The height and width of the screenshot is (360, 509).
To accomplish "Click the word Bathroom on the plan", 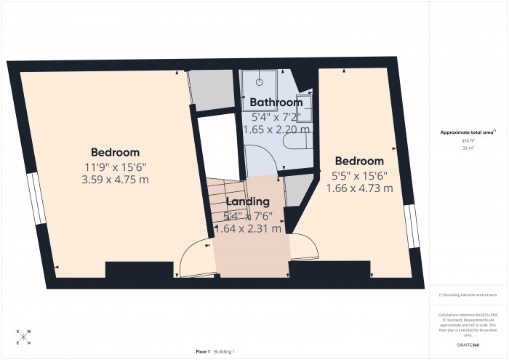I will point(276,103).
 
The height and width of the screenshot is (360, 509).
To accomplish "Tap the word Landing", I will point(248,201).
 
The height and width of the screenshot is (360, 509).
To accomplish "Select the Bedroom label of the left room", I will point(115,153).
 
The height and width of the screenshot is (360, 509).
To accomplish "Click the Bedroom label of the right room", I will point(358,161).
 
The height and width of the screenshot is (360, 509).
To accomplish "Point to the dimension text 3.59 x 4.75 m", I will point(115,179).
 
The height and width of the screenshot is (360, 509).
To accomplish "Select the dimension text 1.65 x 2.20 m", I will point(281,129).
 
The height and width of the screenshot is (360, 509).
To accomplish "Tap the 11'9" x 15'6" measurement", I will point(115,166).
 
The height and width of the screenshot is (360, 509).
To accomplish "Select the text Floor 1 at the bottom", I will point(203,352).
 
